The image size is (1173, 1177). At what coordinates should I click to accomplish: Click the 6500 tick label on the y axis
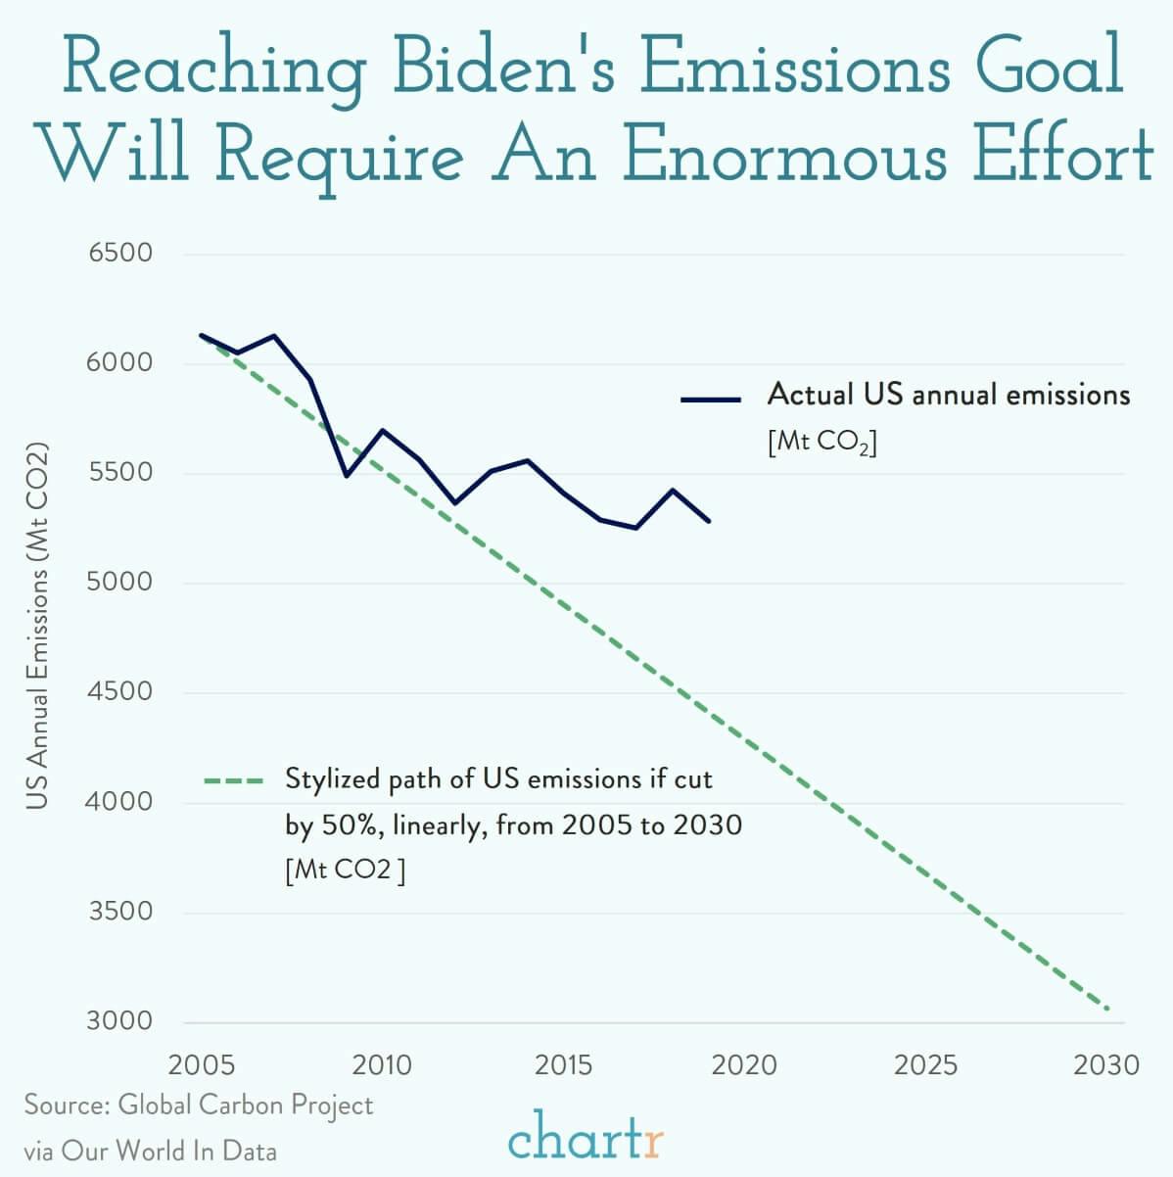click(121, 253)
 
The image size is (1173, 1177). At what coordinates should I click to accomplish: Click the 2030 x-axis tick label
click(1106, 1064)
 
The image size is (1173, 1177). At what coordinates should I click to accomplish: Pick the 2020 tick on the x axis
click(744, 1064)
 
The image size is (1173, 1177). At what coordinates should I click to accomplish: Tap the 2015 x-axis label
click(563, 1064)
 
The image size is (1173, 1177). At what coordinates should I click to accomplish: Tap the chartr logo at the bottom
click(586, 1140)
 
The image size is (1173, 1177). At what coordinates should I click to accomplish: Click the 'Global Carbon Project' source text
click(245, 1106)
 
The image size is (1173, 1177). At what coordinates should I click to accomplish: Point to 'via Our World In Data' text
click(150, 1150)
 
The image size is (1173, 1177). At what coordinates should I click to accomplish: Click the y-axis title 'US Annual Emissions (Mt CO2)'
click(37, 627)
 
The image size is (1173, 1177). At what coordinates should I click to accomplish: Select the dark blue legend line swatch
click(711, 399)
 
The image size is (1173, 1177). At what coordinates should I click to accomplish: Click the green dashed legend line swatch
click(234, 781)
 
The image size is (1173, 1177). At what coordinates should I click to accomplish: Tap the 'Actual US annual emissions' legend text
click(948, 395)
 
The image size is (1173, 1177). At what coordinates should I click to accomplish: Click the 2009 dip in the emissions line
click(347, 476)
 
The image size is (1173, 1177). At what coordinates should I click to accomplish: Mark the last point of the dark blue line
click(709, 521)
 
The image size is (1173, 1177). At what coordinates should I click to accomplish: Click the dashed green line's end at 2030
click(1107, 1009)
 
